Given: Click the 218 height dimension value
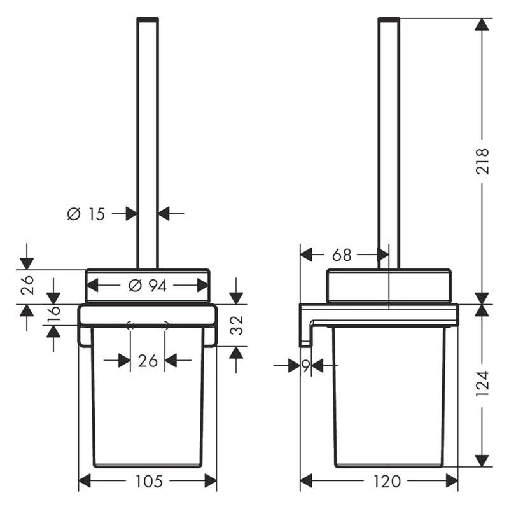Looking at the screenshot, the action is [x=482, y=161].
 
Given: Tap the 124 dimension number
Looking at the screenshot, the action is [x=482, y=384].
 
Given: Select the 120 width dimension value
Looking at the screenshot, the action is [x=387, y=482].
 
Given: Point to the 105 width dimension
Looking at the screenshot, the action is [x=149, y=482].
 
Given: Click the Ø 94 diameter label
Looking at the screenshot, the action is [x=148, y=286].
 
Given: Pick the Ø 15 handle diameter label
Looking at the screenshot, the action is [x=86, y=214].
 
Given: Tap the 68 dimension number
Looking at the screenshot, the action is [x=342, y=255].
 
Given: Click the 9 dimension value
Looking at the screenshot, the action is [x=305, y=366].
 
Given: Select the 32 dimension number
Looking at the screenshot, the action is [x=237, y=325].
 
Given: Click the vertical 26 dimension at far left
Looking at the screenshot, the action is [x=27, y=284].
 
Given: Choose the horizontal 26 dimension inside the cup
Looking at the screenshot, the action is [x=148, y=361].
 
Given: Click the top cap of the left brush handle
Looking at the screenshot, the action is [x=148, y=20].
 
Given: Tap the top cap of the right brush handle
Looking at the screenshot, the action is [x=389, y=20].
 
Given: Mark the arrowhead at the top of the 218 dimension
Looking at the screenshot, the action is [x=482, y=24].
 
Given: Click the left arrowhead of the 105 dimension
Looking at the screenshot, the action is [x=85, y=481].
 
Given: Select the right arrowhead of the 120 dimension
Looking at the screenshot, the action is [x=452, y=481].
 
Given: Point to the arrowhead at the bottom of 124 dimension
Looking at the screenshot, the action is [x=482, y=461].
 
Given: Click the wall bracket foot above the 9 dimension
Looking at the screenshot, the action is [x=305, y=344].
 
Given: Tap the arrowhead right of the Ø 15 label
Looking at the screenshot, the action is [x=164, y=214].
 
